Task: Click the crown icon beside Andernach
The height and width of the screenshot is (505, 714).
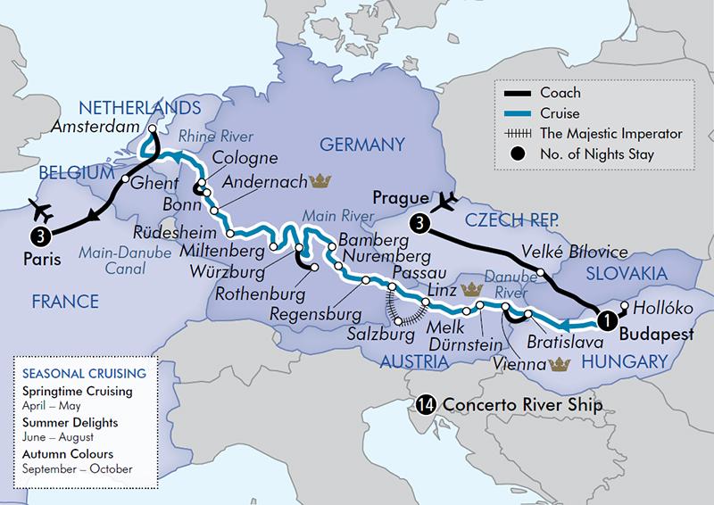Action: click(320, 181)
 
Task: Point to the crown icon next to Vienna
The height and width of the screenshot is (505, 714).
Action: click(561, 363)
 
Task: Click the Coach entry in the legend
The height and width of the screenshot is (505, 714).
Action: click(560, 93)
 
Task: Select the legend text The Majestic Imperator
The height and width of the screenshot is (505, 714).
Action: click(618, 134)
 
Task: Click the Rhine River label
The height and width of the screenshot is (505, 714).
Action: click(215, 136)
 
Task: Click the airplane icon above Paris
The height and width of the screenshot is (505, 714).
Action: click(40, 209)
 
